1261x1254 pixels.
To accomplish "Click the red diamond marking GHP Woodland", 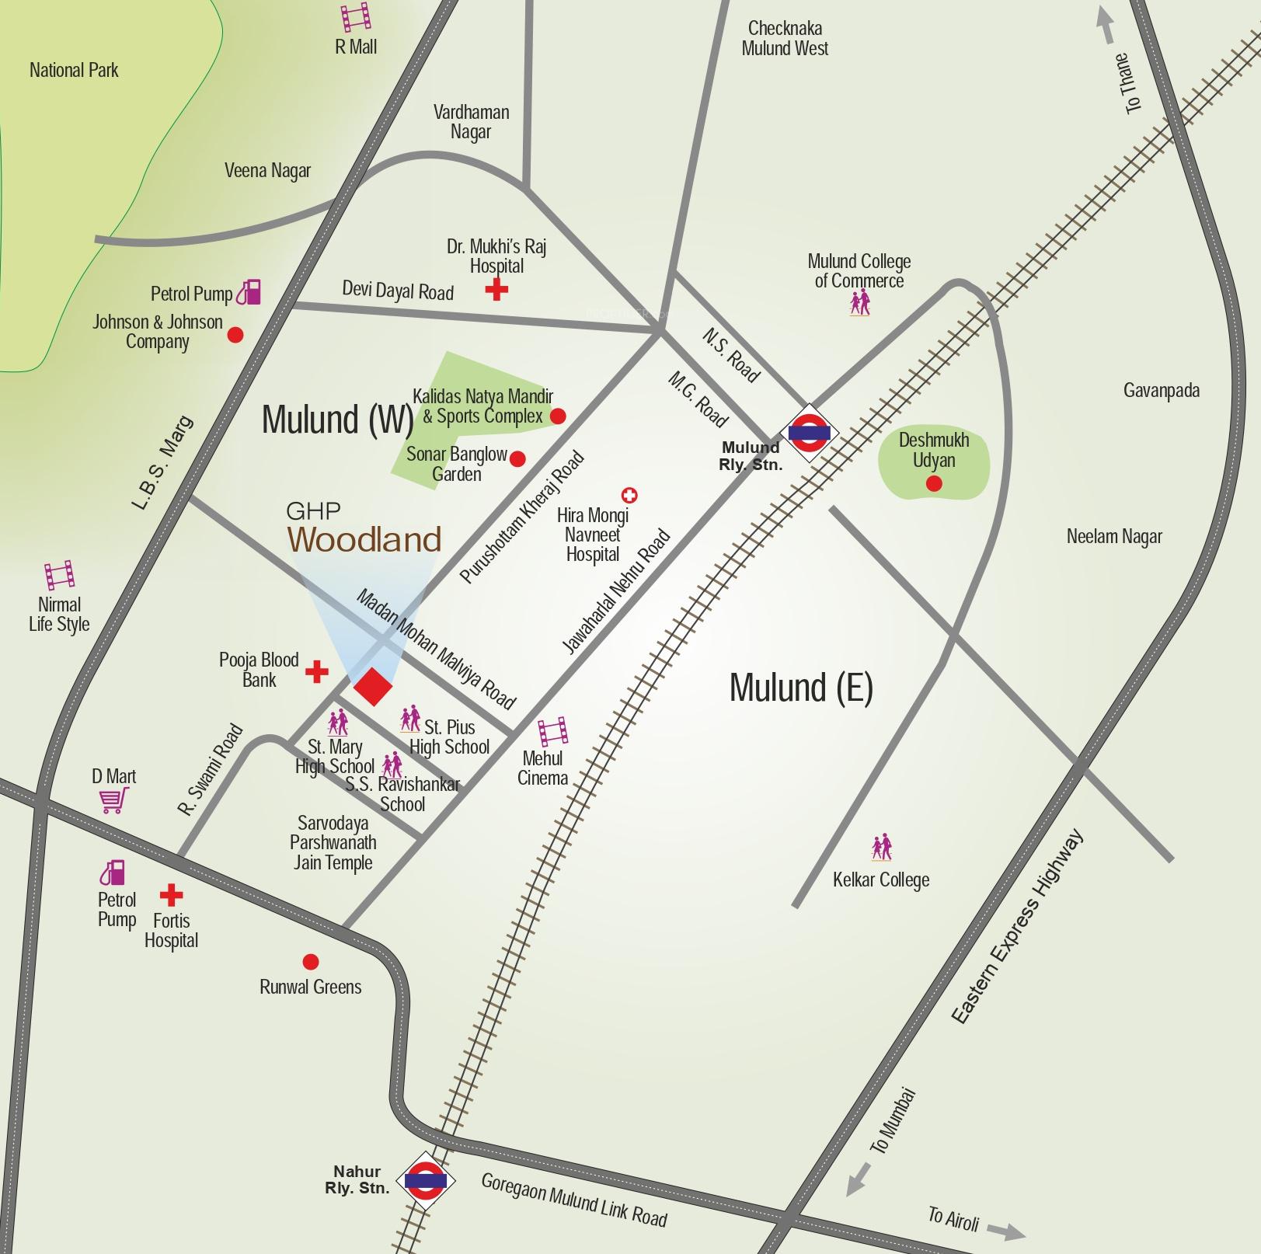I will (373, 686).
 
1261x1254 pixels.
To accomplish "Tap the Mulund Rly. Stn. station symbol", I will (810, 432).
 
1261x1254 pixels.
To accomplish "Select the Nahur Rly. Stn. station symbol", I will (425, 1180).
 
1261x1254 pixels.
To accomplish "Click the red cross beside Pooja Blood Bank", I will (316, 671).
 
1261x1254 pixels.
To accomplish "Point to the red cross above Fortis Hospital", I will (171, 896).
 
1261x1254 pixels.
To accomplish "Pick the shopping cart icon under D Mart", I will (113, 800).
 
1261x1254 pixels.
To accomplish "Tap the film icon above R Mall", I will (355, 17).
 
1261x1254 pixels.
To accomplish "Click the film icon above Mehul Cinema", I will (552, 732).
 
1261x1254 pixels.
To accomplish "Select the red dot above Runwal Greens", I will (310, 962).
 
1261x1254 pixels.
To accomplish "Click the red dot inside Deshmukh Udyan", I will (934, 484).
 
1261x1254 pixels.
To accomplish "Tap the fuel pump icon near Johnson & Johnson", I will (249, 292).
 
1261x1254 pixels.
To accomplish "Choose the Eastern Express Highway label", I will (1018, 928).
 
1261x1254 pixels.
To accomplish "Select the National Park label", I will (74, 71).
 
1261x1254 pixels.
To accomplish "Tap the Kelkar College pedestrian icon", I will (882, 848).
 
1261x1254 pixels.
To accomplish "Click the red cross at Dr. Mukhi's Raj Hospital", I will (496, 290).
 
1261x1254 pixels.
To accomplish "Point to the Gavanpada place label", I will (1161, 390).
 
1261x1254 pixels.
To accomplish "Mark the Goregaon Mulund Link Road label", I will (574, 1200).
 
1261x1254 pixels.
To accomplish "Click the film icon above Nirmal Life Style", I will (59, 576).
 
